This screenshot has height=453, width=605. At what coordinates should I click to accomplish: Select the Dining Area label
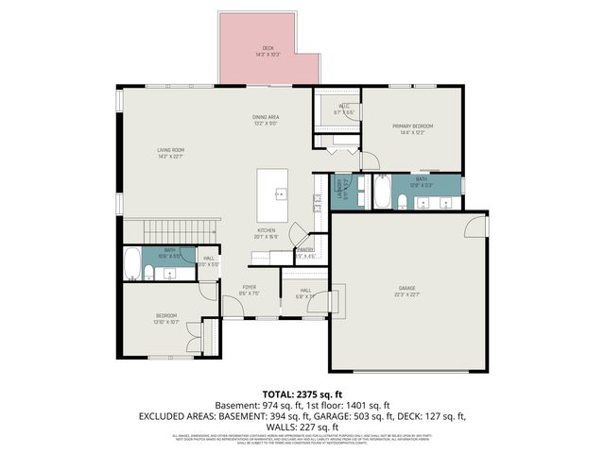click(x=266, y=120)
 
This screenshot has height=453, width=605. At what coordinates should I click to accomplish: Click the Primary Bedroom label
click(x=412, y=128)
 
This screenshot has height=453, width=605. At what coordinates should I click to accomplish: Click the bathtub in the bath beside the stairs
click(x=132, y=261)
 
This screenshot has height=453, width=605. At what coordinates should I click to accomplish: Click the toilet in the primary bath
click(x=401, y=199)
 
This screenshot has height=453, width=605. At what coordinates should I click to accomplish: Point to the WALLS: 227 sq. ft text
click(x=302, y=426)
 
